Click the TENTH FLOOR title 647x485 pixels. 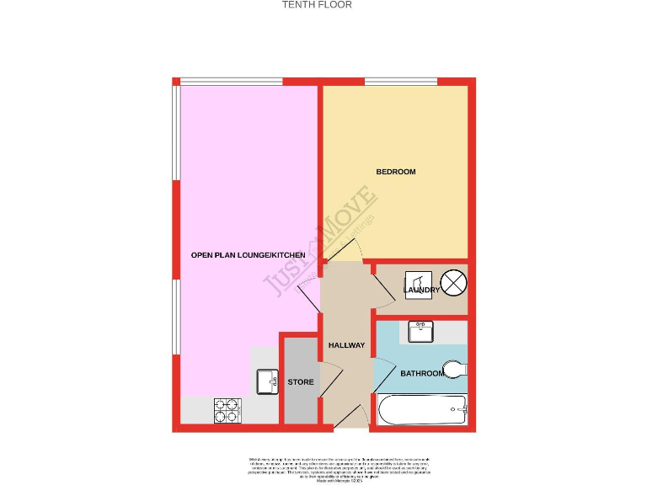(316, 5)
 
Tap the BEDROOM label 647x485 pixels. (395, 172)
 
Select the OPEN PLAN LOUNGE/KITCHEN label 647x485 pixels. (242, 254)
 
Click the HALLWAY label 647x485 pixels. (346, 345)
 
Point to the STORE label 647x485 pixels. (301, 382)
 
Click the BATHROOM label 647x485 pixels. (421, 373)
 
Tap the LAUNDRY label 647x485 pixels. (421, 290)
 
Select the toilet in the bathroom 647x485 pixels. (453, 369)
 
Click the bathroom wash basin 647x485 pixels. (420, 332)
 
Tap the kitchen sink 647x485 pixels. (268, 381)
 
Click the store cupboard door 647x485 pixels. (331, 380)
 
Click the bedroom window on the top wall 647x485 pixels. (400, 82)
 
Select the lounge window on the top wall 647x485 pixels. (231, 82)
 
